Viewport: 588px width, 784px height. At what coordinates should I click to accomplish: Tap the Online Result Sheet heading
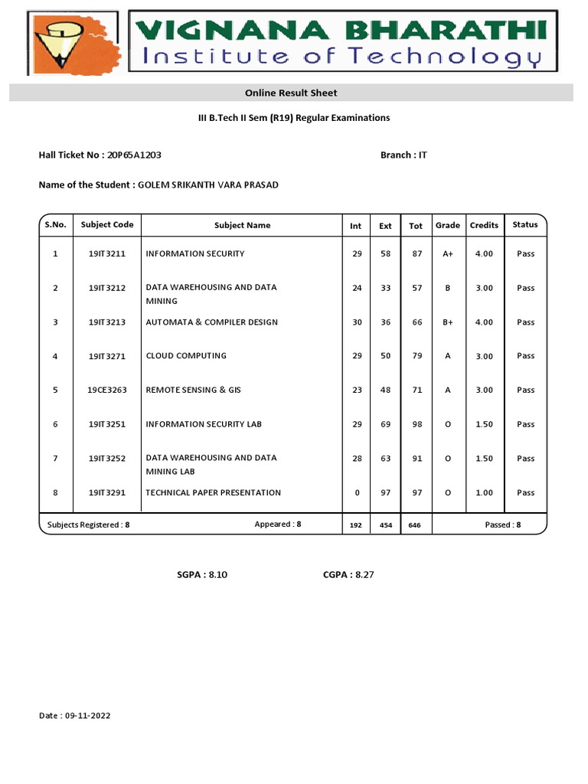291,93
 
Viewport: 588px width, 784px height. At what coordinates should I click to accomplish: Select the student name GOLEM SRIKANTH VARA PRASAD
202,185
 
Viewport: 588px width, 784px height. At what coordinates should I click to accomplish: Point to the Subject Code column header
107,225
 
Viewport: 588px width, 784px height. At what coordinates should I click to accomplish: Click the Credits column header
484,225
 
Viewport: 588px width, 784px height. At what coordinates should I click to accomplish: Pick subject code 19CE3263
107,390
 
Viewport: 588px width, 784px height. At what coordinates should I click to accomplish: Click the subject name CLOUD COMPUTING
186,356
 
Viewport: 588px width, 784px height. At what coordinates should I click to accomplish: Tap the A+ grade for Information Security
448,254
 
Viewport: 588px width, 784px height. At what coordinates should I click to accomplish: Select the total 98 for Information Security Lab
416,424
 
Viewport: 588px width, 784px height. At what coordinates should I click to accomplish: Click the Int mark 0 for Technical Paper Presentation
357,492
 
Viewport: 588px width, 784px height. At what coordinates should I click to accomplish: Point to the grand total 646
415,525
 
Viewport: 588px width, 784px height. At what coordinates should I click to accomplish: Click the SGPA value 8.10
217,575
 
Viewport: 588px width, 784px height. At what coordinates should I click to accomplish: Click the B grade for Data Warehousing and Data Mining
448,289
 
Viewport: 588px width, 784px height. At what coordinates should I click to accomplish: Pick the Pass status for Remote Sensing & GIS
525,390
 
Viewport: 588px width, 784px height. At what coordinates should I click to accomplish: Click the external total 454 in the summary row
385,525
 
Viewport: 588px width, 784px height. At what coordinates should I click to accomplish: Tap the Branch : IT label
403,155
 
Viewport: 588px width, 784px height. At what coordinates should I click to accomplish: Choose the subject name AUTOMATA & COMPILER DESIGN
211,322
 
